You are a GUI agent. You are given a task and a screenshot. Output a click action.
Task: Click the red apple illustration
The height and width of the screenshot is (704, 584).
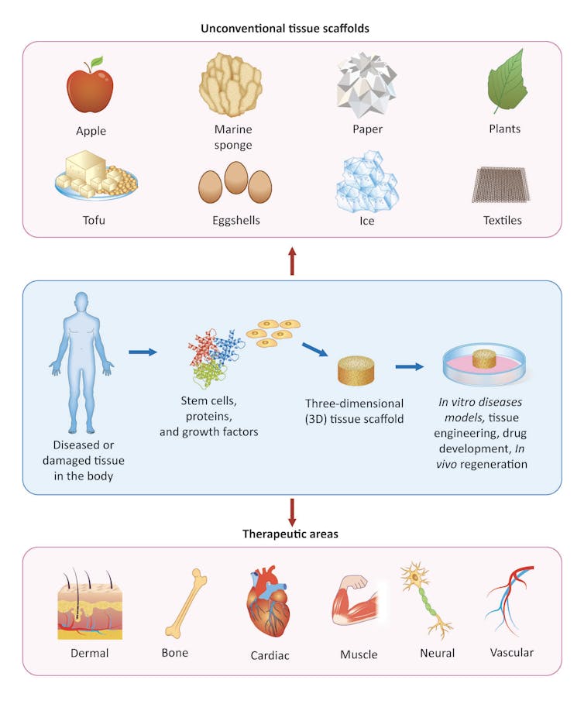pos(89,91)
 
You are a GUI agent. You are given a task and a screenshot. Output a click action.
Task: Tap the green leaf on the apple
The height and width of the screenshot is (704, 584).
pos(96,62)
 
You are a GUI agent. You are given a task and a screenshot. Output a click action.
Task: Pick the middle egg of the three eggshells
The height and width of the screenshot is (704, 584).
pos(235,177)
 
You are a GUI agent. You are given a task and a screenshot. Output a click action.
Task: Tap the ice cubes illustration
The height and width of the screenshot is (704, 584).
pos(368,180)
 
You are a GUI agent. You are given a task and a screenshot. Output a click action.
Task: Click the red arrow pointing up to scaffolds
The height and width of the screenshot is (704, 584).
pos(291,261)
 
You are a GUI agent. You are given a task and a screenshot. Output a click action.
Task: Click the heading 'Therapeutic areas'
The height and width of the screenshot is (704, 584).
pos(291,534)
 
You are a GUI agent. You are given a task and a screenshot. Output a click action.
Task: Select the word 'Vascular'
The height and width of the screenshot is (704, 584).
pos(512,653)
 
